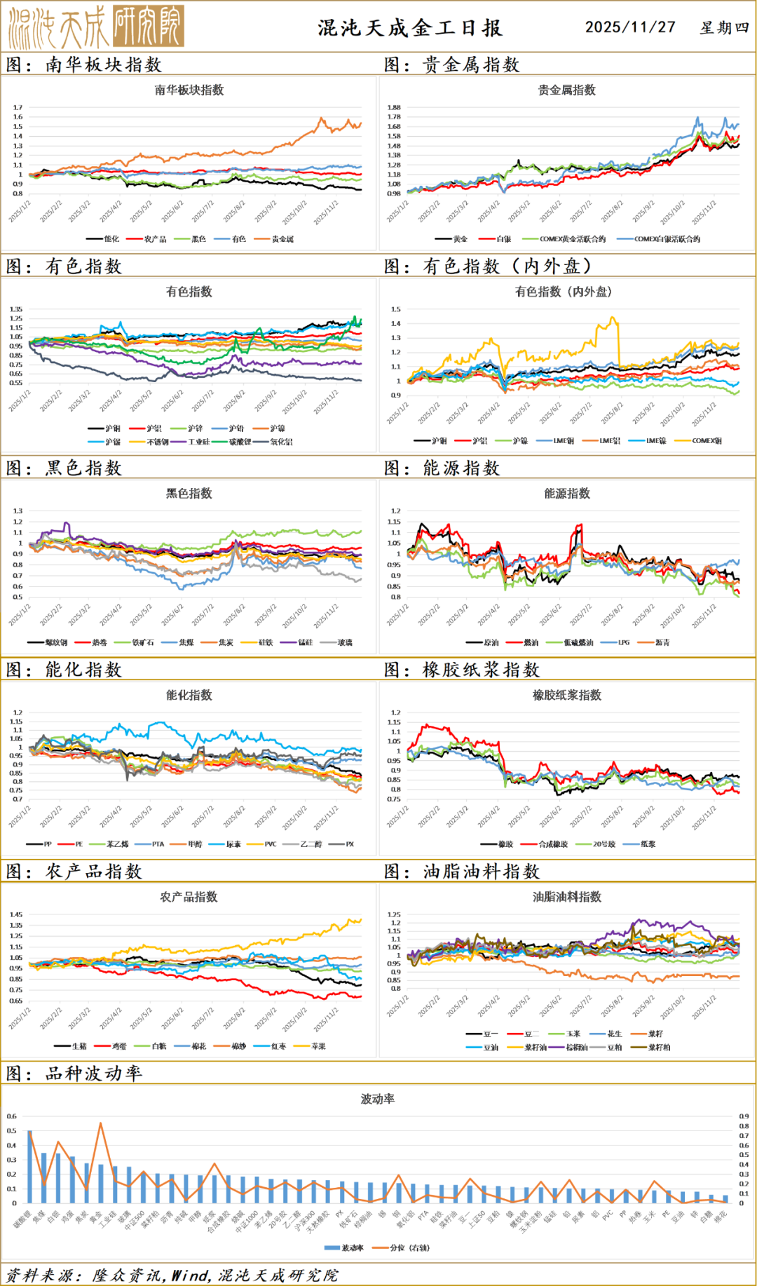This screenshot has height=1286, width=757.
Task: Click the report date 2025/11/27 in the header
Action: [630, 27]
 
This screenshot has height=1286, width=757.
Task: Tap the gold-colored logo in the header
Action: [96, 27]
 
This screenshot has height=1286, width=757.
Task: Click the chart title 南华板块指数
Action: [189, 90]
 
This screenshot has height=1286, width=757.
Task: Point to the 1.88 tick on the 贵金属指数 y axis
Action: [393, 108]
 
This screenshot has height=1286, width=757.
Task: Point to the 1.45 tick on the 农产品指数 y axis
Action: [16, 914]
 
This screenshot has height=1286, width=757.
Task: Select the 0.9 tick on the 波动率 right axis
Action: [744, 1116]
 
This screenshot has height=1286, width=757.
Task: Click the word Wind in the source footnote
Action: [189, 1275]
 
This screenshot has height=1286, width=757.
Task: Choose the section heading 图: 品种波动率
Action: [74, 1074]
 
